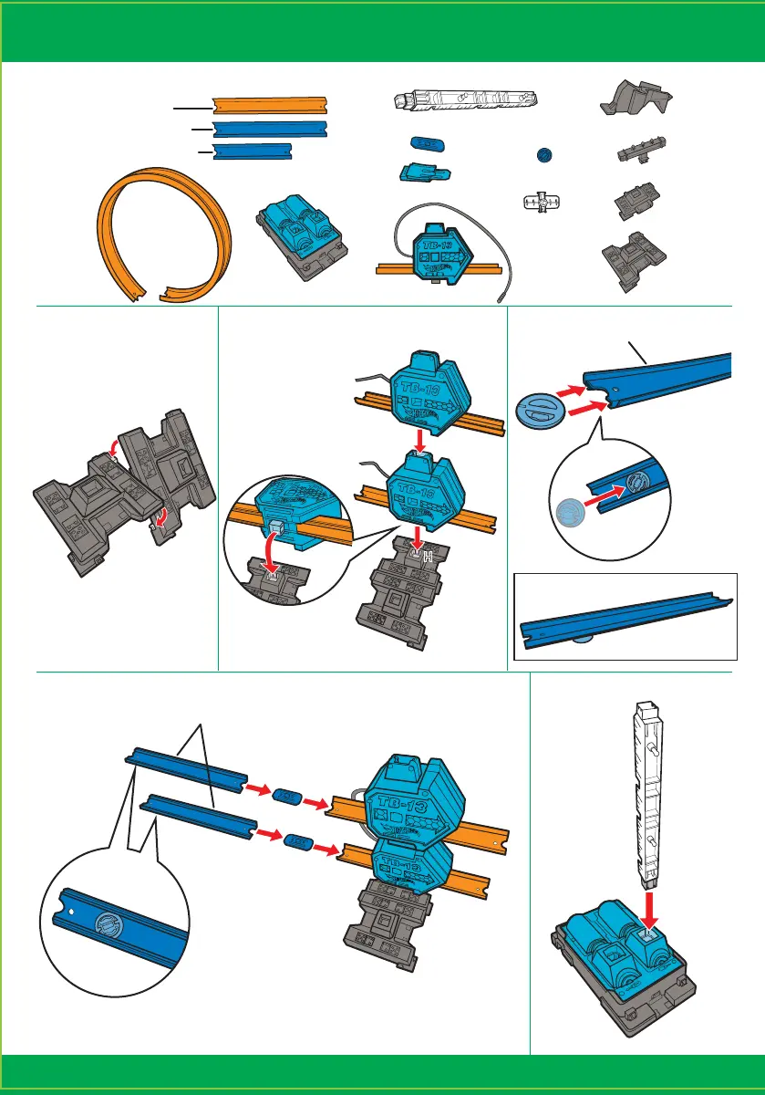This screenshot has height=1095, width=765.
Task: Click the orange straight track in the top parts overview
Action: [x=269, y=105]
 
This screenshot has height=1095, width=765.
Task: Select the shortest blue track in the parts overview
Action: [x=252, y=152]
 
